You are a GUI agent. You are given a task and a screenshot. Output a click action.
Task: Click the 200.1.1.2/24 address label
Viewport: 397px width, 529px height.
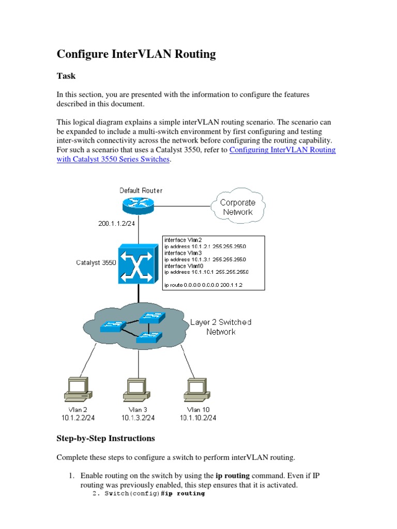tap(117, 224)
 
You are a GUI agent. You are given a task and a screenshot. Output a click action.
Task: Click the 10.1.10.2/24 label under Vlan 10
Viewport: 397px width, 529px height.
tap(198, 418)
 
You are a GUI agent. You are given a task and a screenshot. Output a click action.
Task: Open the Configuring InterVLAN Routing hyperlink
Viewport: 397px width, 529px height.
tap(282, 150)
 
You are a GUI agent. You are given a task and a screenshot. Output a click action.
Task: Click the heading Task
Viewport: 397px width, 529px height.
tap(66, 76)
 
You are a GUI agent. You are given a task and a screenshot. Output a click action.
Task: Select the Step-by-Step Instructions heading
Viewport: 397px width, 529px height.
tap(105, 438)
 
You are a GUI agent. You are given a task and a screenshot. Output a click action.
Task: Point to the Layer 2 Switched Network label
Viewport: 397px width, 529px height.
tap(221, 326)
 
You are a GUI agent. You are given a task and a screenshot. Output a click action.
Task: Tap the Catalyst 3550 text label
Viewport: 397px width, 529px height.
tap(96, 262)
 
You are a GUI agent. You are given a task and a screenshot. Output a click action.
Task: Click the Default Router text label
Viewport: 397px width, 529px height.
tap(141, 190)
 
